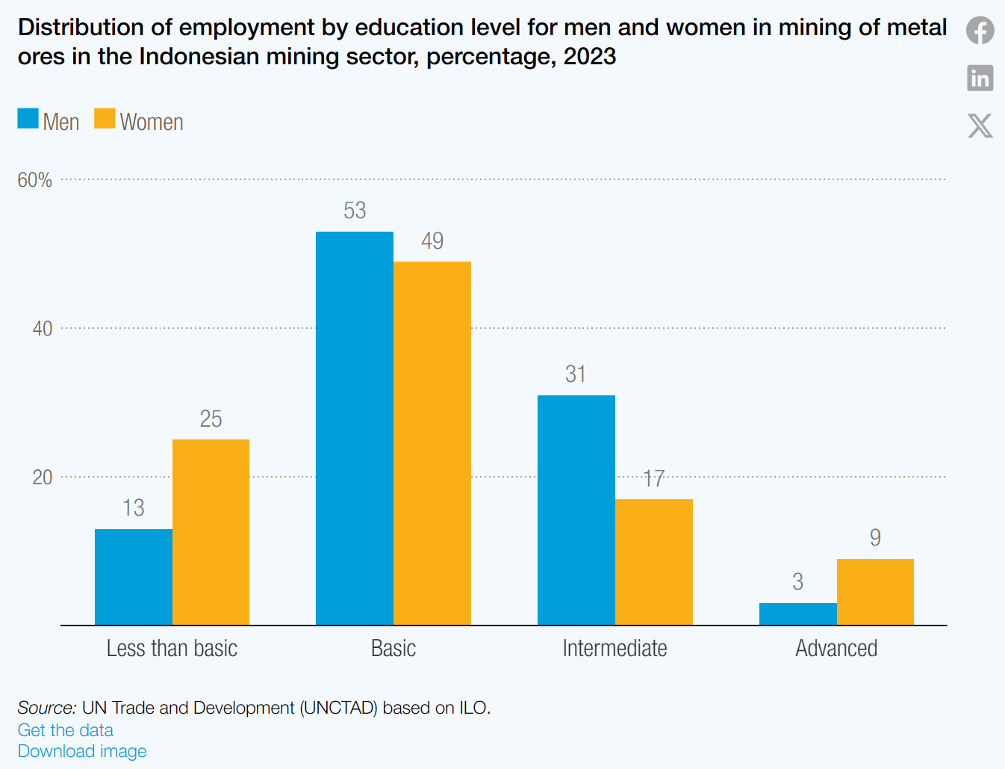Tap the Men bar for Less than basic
point(134,577)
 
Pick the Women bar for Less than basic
point(211,532)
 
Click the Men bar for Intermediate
point(576,510)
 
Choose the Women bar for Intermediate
point(654,562)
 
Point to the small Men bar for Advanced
point(798,614)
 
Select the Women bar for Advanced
point(875,592)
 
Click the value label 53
point(355,211)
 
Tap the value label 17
point(654,478)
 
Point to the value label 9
point(875,537)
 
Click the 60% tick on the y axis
point(35,180)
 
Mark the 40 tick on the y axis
point(43,329)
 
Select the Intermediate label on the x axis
point(614,648)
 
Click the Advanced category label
point(836,648)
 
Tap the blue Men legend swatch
point(28,119)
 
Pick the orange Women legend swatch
point(105,119)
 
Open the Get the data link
point(66,730)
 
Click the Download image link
point(82,751)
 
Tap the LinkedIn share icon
point(980,78)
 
